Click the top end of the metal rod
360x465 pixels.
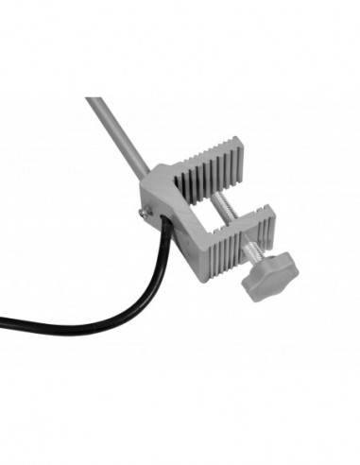(93, 100)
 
